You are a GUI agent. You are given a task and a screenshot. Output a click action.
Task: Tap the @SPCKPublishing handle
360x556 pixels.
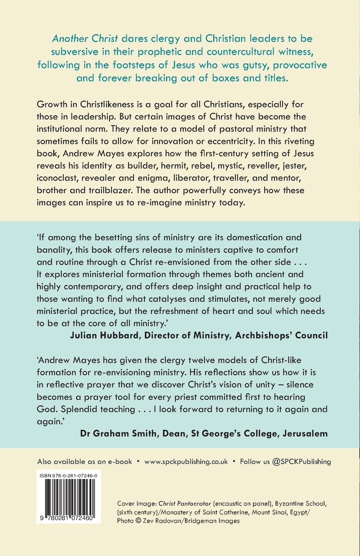click(301, 462)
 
